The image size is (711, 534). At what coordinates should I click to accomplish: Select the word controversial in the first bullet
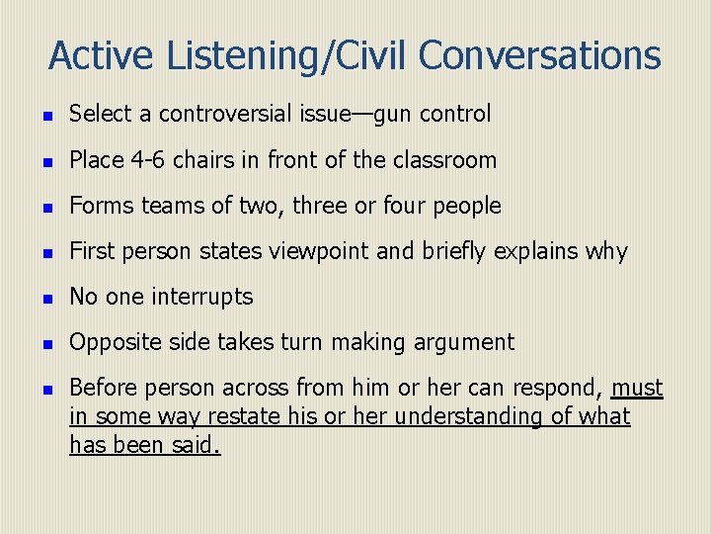click(225, 114)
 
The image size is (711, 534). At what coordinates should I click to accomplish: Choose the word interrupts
click(204, 297)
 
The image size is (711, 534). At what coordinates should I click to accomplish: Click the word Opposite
click(111, 342)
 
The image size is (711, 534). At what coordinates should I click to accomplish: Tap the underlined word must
click(638, 388)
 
